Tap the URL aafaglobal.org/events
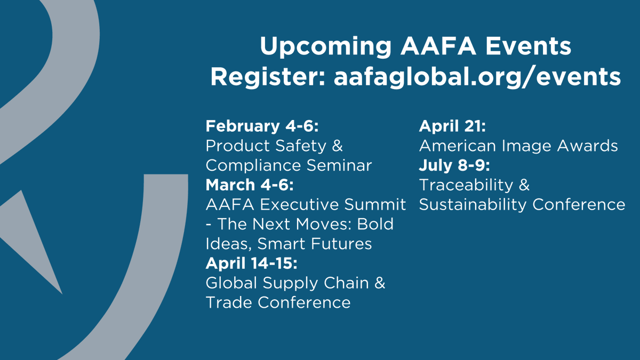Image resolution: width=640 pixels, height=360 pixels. click(477, 77)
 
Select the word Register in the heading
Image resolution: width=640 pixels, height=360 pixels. click(268, 77)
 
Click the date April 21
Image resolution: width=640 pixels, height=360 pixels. click(452, 126)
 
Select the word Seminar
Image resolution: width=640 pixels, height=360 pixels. click(331, 165)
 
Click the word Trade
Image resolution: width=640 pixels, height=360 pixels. click(229, 302)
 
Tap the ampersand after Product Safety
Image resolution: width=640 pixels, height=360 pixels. click(337, 146)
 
